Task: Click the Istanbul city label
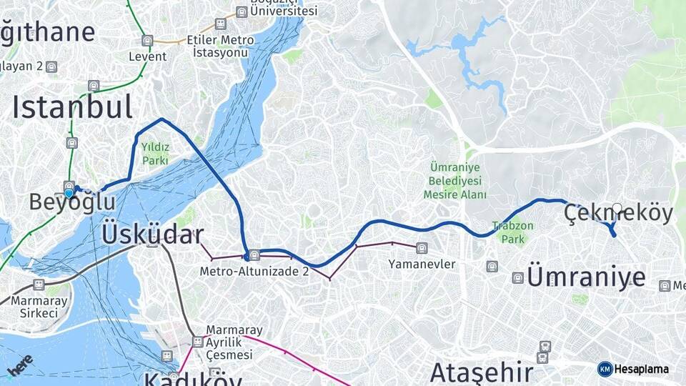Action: click(72, 108)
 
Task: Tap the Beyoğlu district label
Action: click(72, 203)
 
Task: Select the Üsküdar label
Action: click(153, 234)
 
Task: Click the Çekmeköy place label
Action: click(619, 214)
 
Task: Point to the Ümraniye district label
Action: click(586, 277)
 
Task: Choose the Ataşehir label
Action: click(482, 372)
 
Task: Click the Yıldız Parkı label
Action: click(155, 154)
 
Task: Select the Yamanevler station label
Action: click(422, 264)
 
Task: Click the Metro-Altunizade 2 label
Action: click(254, 271)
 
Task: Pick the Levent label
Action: click(147, 56)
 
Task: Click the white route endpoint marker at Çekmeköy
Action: click(617, 209)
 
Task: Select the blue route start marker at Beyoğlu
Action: click(69, 193)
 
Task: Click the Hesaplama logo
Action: click(635, 369)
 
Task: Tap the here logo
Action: click(21, 367)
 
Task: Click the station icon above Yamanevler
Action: click(422, 247)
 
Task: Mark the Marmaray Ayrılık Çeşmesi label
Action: click(234, 342)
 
